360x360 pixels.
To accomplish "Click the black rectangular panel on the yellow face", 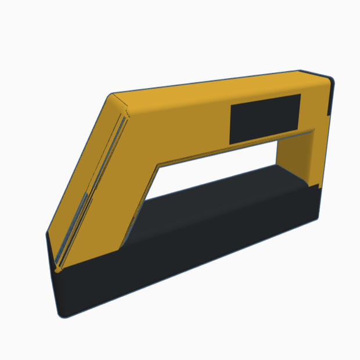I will pyautogui.click(x=265, y=118).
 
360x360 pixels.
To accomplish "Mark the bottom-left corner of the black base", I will pyautogui.click(x=62, y=314).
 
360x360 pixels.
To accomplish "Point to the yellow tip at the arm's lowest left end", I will pyautogui.click(x=57, y=268).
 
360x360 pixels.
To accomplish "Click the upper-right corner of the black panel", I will pyautogui.click(x=300, y=95).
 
